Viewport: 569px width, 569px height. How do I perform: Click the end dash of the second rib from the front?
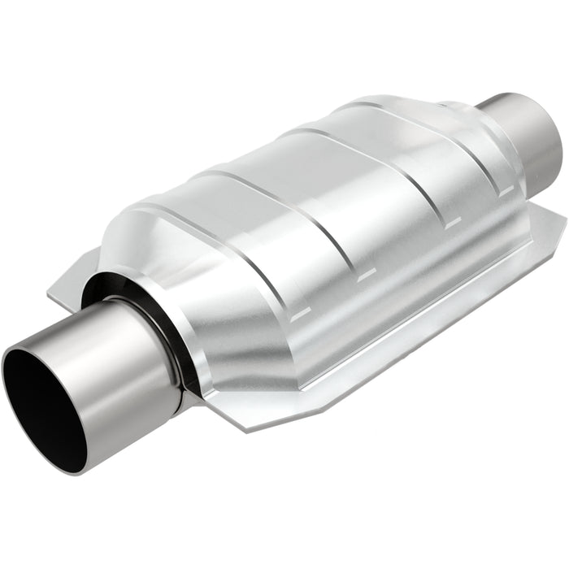[367, 274]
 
